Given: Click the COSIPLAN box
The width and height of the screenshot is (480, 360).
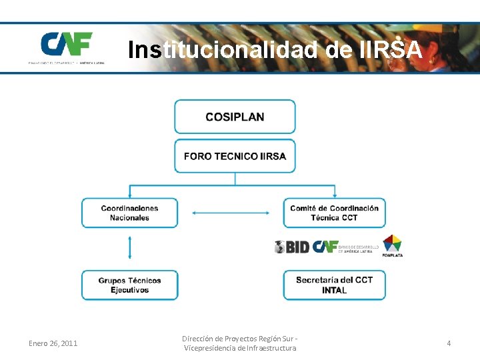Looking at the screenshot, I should [235, 117].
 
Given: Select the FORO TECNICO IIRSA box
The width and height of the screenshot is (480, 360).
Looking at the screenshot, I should [235, 156].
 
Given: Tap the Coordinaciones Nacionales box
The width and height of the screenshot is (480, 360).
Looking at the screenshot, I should [129, 213].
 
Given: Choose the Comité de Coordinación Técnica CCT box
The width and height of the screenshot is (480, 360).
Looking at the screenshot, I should [334, 213].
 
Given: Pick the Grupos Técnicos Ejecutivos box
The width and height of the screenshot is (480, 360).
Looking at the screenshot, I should [129, 285].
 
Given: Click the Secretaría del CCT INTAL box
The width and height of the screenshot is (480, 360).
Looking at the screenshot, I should [334, 285].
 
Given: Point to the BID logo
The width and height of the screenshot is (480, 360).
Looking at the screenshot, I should [292, 247].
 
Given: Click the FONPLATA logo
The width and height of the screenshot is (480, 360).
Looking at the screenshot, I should [392, 245].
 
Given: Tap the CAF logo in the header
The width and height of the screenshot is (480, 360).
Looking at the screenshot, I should [66, 45].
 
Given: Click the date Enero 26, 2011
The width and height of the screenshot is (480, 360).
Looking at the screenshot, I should [53, 343].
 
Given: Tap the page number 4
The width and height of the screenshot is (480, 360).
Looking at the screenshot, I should [449, 343].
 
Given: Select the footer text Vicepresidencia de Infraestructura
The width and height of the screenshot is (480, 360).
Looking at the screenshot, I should [239, 348].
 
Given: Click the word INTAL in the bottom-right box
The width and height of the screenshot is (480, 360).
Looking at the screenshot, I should [334, 290].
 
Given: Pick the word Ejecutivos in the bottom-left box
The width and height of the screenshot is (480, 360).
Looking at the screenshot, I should [129, 290].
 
